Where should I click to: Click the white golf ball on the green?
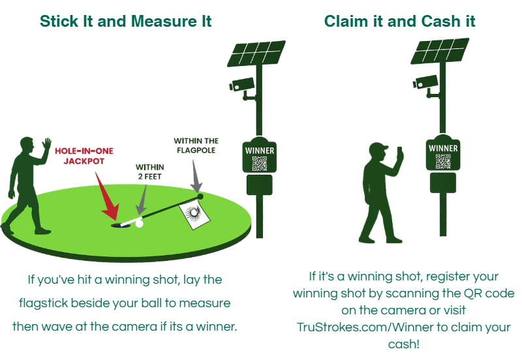(x=139, y=224)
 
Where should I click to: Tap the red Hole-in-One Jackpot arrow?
(x=108, y=198)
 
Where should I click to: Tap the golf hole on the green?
(x=117, y=226)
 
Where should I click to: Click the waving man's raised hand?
(x=46, y=145)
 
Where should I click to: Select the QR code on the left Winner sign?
(x=259, y=163)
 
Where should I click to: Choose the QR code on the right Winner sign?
(x=443, y=161)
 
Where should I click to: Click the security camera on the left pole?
(x=241, y=85)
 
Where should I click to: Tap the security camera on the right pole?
(x=425, y=82)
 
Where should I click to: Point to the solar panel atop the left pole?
(x=256, y=53)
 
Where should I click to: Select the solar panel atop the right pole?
(x=440, y=51)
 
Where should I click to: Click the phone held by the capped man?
(x=399, y=151)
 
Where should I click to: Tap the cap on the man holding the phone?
(x=379, y=147)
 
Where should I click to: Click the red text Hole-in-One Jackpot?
(x=84, y=156)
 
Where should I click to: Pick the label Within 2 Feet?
(x=150, y=172)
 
